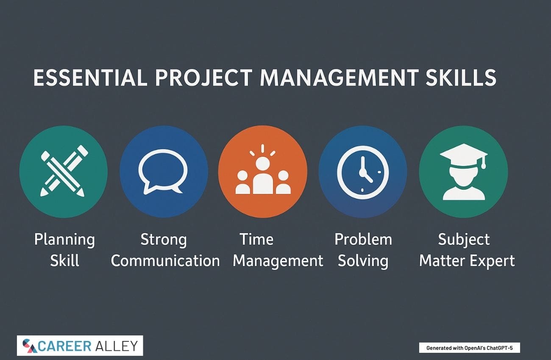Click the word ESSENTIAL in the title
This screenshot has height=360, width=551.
(90, 78)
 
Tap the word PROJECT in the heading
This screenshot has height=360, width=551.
(204, 78)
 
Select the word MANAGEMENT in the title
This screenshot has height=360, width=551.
(339, 78)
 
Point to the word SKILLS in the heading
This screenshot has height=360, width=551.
(461, 78)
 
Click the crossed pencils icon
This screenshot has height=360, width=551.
(64, 171)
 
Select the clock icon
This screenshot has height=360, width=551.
(363, 172)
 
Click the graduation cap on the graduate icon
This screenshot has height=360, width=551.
(464, 155)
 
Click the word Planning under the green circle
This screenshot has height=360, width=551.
(64, 240)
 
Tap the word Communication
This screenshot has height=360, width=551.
(165, 260)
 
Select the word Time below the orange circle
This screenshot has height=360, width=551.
(256, 239)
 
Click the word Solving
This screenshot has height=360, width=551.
(363, 261)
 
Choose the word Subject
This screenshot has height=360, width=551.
(464, 240)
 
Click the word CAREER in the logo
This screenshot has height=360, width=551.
(64, 346)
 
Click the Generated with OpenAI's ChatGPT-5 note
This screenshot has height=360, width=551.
(469, 348)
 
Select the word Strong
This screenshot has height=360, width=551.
(164, 240)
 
